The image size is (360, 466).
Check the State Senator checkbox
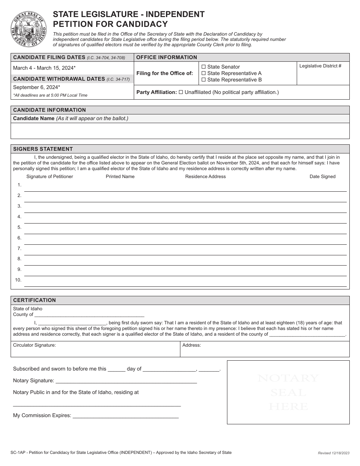[203, 67]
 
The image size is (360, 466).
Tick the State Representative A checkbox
[203, 73]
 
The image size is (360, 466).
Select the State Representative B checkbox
[203, 80]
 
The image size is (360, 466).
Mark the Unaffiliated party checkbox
[181, 92]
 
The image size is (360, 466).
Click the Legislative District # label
[320, 66]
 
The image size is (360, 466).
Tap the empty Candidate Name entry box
[180, 131]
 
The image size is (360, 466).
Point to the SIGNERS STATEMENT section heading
[43, 149]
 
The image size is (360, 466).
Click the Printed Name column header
[120, 177]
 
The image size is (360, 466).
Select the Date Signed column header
[322, 177]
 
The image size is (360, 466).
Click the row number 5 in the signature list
[19, 227]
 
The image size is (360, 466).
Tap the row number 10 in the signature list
[18, 280]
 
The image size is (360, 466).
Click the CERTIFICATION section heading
[34, 300]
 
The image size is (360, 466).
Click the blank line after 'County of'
[89, 314]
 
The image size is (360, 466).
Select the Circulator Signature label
[34, 345]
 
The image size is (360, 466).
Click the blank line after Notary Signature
[126, 381]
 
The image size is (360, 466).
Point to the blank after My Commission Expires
[125, 416]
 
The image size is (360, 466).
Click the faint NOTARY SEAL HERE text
[288, 392]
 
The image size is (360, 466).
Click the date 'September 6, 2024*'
[36, 87]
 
